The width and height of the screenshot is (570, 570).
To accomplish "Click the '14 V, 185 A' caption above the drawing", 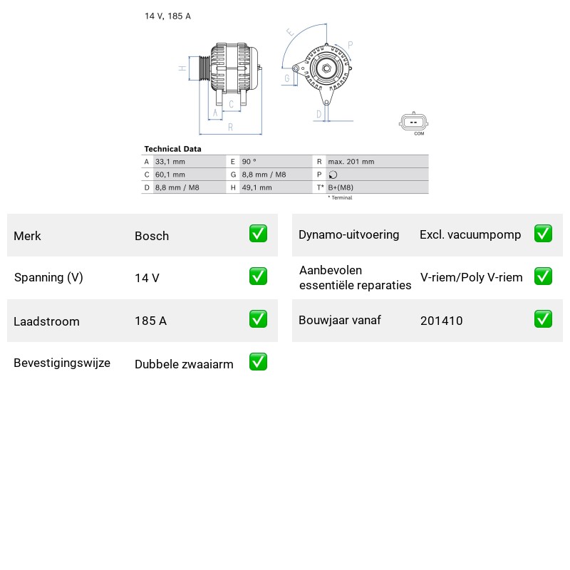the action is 167,16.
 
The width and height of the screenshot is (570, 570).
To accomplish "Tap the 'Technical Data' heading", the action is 172,149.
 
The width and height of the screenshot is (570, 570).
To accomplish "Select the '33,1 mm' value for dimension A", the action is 170,162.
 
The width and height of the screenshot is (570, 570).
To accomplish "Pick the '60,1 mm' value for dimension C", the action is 170,175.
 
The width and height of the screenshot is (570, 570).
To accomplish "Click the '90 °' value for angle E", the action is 249,162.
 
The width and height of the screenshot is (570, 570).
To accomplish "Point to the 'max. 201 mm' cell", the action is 351,162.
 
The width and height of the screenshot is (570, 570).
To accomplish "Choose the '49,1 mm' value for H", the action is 257,187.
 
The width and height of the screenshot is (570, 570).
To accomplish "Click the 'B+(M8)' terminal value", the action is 341,187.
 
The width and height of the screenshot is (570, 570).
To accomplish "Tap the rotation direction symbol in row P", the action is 333,175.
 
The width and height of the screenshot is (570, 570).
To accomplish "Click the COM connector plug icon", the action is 413,122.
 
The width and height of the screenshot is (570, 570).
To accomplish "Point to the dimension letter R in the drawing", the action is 230,128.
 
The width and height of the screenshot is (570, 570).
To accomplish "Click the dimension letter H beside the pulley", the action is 182,68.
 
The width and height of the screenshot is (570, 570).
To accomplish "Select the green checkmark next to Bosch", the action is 258,234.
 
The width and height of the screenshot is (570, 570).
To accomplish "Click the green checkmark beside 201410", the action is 543,318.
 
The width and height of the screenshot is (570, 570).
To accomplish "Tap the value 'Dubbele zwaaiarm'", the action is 184,364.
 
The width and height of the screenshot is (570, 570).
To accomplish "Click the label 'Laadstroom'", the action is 46,321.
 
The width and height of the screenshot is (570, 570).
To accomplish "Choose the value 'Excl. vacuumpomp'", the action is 470,235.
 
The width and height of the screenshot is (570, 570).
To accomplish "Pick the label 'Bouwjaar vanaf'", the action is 340,320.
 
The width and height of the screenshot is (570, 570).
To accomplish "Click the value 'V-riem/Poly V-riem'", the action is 472,277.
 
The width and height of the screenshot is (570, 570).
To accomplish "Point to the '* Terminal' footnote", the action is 341,198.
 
